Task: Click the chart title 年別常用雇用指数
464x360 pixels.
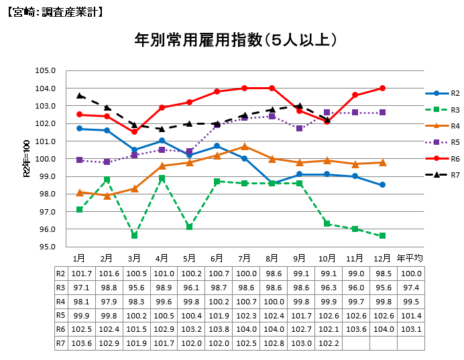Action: (x=235, y=40)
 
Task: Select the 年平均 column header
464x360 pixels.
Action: (x=410, y=258)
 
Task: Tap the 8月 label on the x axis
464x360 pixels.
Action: (x=272, y=258)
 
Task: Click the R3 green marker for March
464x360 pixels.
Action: (x=134, y=235)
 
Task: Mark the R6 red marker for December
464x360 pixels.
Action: (x=382, y=88)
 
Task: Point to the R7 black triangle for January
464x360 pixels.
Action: (x=79, y=95)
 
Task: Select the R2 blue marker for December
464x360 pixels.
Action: (x=382, y=185)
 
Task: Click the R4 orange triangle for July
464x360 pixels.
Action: (x=244, y=146)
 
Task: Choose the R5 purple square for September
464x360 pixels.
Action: (x=300, y=128)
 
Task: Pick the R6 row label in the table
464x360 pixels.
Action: (x=60, y=328)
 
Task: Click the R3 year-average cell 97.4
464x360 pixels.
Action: (x=410, y=287)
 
